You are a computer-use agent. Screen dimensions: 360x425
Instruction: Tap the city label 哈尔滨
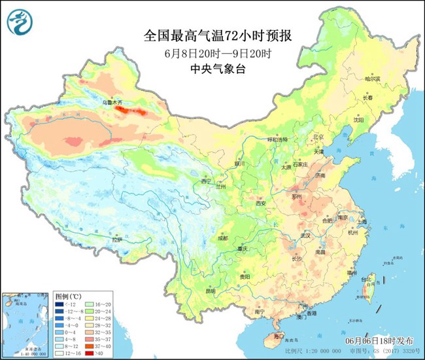372,79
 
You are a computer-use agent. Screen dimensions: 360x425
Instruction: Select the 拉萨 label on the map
117,240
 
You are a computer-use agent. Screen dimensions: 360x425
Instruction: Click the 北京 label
318,137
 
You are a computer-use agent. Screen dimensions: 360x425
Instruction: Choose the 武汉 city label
304,235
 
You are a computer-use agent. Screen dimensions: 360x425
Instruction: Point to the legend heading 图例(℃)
66,297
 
